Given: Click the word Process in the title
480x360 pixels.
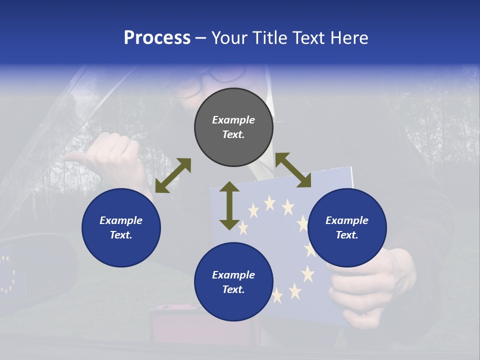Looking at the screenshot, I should pos(157,38).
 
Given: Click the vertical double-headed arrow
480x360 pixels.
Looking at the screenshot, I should pos(229,205).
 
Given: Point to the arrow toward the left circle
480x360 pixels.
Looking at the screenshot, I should pos(173,175).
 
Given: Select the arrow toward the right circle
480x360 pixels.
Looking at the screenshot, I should pos(293,170).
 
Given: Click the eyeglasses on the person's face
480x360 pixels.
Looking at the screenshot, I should pos(210,80).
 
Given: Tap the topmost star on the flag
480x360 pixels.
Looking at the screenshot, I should pos(269,202).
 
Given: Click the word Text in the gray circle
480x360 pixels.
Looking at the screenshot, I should pos(233,134).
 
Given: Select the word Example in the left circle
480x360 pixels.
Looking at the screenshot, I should pos(121,220).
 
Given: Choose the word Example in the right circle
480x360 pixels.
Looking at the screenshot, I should pos(347,220).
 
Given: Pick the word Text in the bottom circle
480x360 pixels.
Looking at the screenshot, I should pos(233,289).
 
